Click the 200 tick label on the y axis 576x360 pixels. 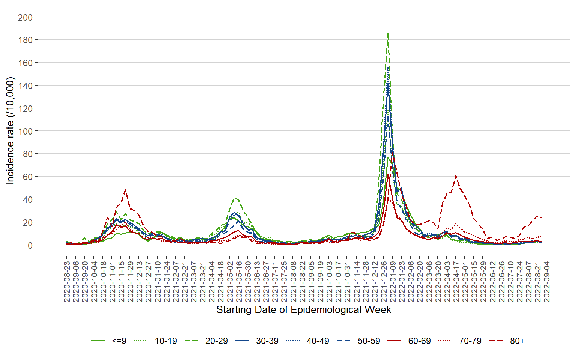(25, 17)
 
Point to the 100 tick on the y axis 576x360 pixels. (25, 131)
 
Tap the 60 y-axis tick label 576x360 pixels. (27, 177)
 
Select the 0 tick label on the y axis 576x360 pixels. (30, 245)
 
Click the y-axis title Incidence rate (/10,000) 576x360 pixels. (10, 131)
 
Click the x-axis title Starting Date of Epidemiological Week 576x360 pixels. (304, 310)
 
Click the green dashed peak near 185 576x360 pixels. (388, 33)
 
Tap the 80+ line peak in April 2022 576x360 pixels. (456, 175)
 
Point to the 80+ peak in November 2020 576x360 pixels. (125, 190)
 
